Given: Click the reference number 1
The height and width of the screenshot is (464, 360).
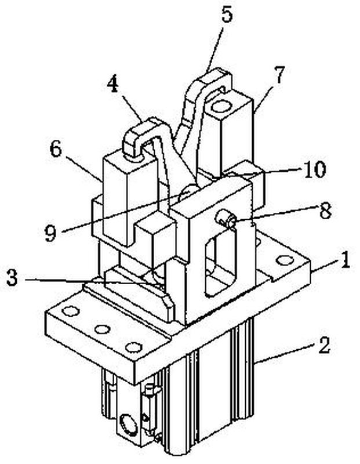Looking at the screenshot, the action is tap(344, 260).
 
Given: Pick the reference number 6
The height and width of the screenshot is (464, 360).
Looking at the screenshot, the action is tap(56, 150).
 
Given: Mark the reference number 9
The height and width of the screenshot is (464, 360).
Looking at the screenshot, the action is tap(50, 233).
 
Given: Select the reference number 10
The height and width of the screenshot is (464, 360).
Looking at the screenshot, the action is tap(314, 169).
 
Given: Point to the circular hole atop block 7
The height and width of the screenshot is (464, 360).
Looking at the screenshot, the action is tap(221, 106).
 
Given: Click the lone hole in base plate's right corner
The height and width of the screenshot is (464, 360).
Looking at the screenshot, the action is tap(283, 260).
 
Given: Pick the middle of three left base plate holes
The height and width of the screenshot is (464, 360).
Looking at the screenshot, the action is tap(103, 329).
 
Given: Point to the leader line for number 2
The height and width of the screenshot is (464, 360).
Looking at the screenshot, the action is tap(286, 353).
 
